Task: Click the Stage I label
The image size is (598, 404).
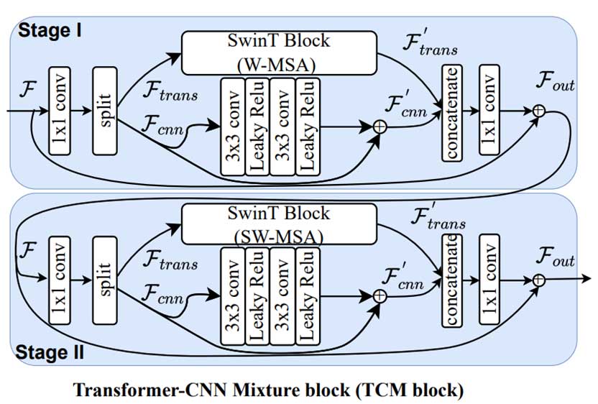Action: point(50,30)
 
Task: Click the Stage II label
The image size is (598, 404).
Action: point(50,352)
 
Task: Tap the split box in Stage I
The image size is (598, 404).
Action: point(105,110)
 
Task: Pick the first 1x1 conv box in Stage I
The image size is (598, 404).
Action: point(60,110)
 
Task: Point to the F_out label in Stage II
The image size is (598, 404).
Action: point(554,256)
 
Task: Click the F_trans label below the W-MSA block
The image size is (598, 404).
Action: point(170,91)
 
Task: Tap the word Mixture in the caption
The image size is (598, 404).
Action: point(278,391)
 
